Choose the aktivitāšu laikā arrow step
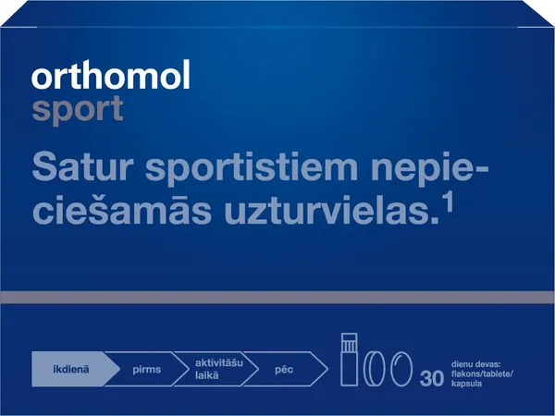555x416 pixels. click(x=216, y=366)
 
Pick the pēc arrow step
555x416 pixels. click(x=286, y=366)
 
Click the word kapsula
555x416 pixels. click(x=469, y=378)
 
